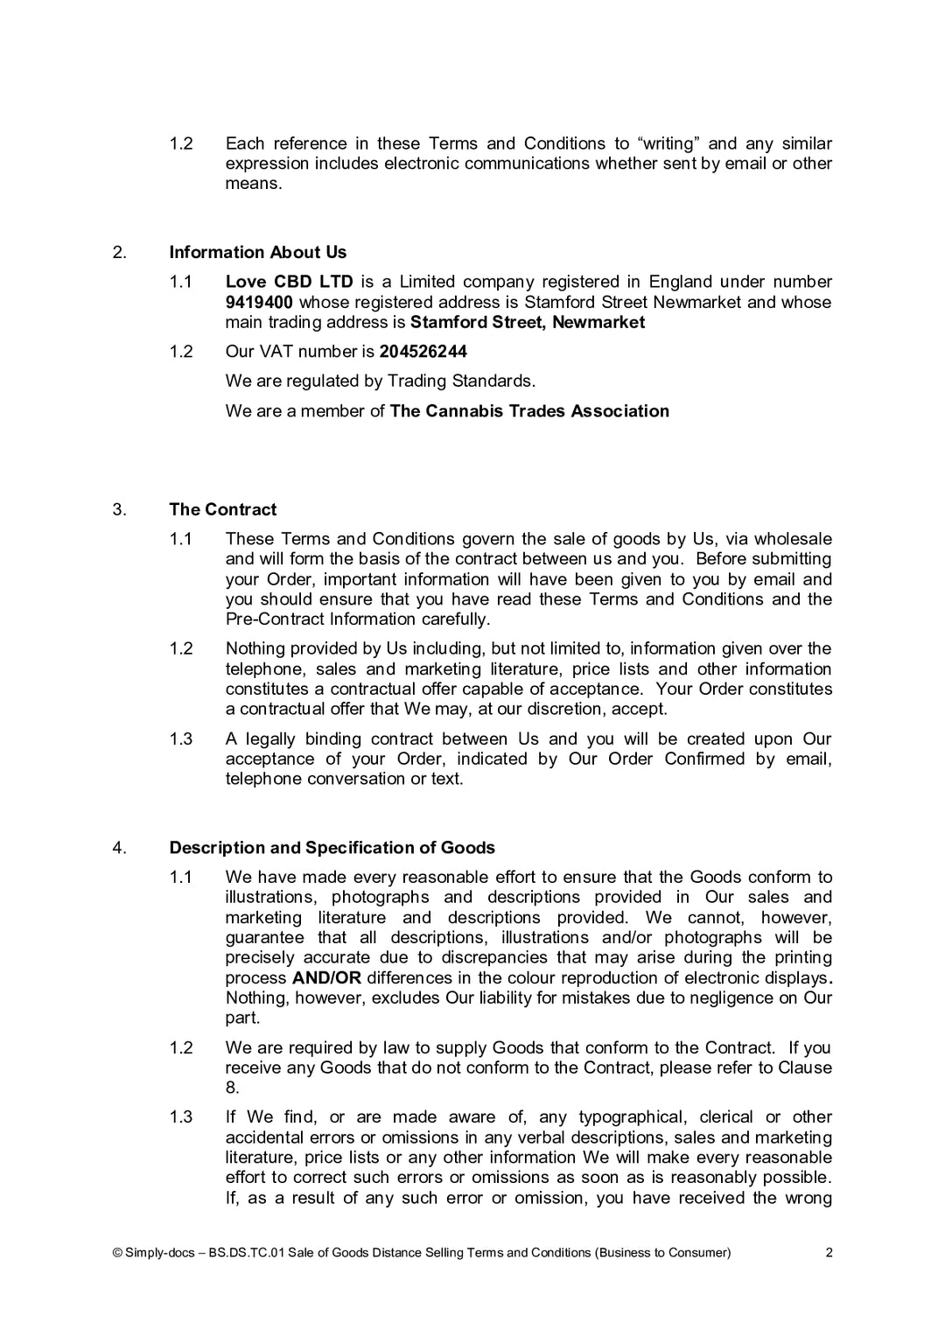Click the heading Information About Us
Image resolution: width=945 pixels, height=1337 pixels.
pyautogui.click(x=257, y=252)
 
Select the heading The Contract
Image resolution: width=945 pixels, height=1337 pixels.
pyautogui.click(x=222, y=509)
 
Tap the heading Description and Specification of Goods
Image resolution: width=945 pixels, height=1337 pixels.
pyautogui.click(x=332, y=847)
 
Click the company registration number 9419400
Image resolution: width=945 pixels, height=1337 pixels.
pyautogui.click(x=259, y=302)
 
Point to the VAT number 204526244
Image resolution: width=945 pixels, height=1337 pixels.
pyautogui.click(x=423, y=351)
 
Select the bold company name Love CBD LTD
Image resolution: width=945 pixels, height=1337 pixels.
pyautogui.click(x=289, y=282)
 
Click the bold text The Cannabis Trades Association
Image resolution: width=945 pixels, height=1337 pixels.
pyautogui.click(x=529, y=410)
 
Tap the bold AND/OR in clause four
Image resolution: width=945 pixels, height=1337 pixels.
pyautogui.click(x=326, y=977)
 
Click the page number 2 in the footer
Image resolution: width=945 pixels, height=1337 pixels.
pyautogui.click(x=829, y=1252)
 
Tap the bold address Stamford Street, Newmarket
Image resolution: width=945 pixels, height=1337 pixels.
pyautogui.click(x=528, y=322)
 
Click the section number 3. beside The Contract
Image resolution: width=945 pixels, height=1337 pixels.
pyautogui.click(x=120, y=509)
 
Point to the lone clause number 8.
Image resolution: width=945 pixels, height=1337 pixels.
pyautogui.click(x=232, y=1088)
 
